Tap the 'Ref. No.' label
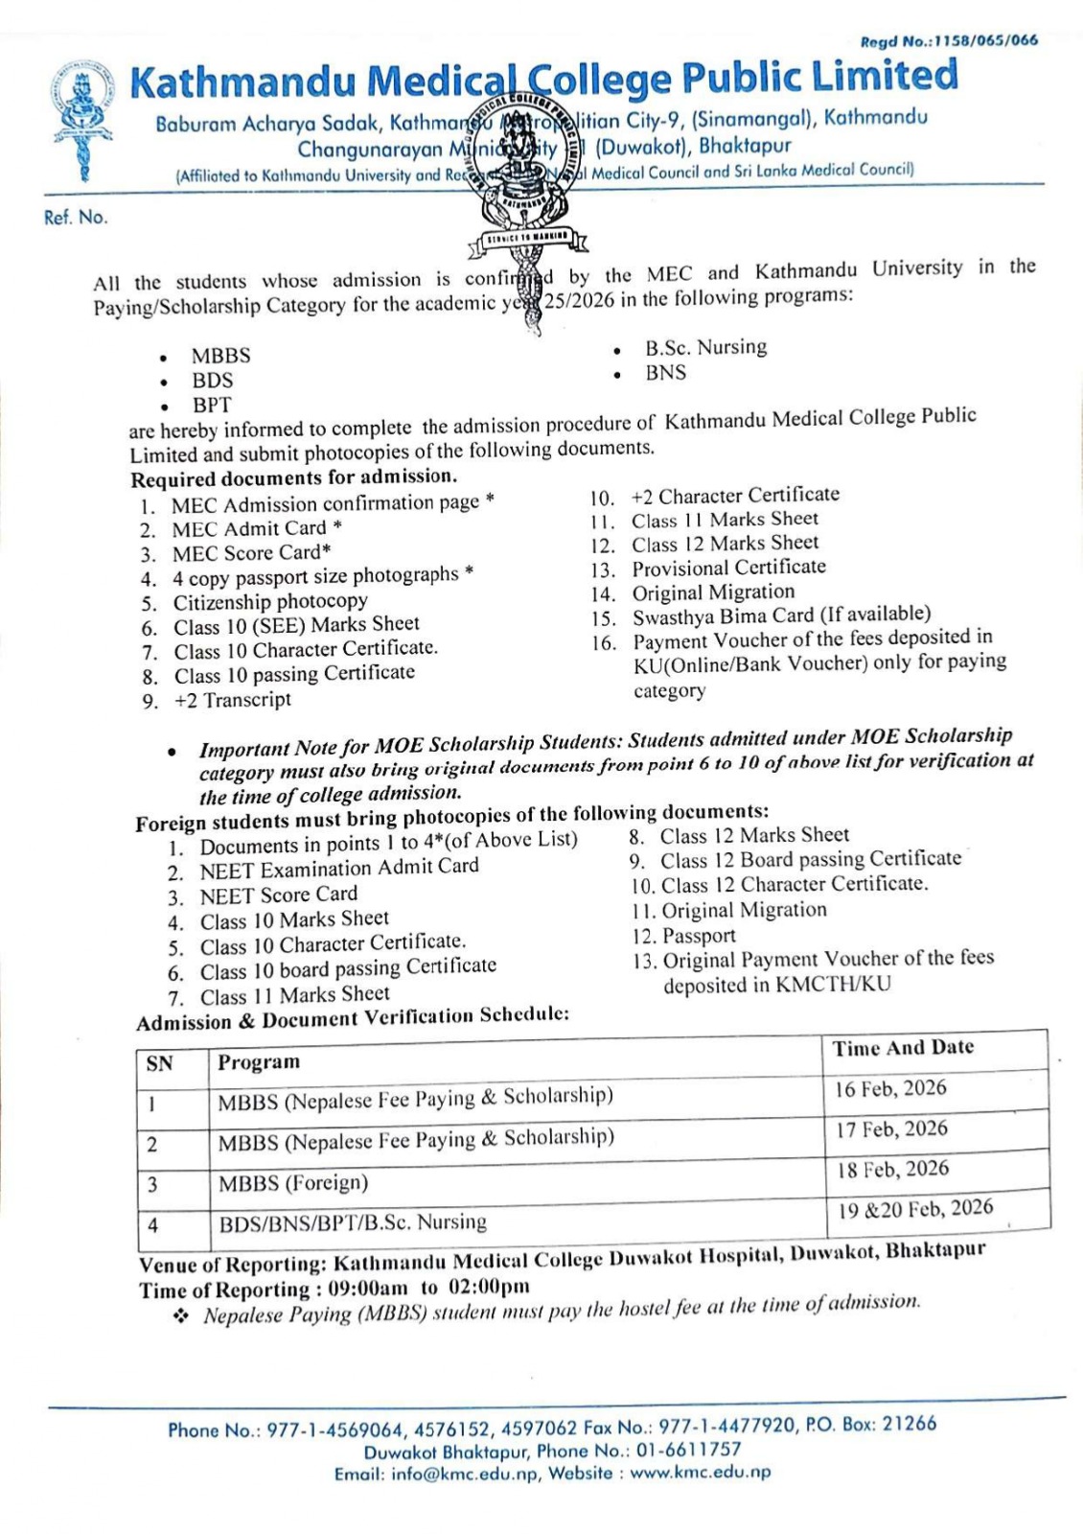click(x=76, y=218)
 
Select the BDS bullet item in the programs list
click(x=212, y=381)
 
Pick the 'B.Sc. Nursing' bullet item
click(x=705, y=347)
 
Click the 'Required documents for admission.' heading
click(x=294, y=477)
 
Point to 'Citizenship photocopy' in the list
click(x=270, y=602)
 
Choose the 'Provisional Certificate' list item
click(x=728, y=568)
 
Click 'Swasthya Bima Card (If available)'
click(x=781, y=615)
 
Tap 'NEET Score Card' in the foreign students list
click(x=278, y=895)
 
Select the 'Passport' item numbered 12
click(x=699, y=936)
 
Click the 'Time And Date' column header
click(x=903, y=1048)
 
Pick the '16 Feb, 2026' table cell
click(x=890, y=1089)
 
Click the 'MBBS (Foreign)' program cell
click(x=293, y=1183)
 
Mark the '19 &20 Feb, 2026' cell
click(x=915, y=1209)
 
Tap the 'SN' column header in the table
click(x=159, y=1063)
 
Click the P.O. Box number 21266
click(x=909, y=1425)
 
